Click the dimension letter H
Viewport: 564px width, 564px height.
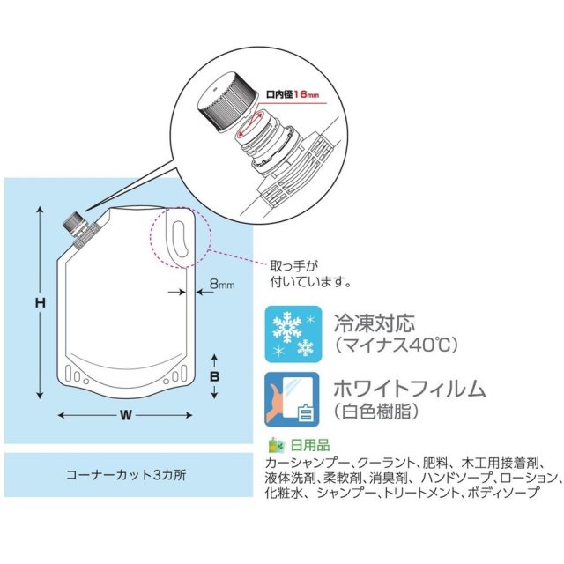[40, 302]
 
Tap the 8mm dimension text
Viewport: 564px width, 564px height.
[221, 286]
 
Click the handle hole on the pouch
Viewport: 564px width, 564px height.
[180, 241]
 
